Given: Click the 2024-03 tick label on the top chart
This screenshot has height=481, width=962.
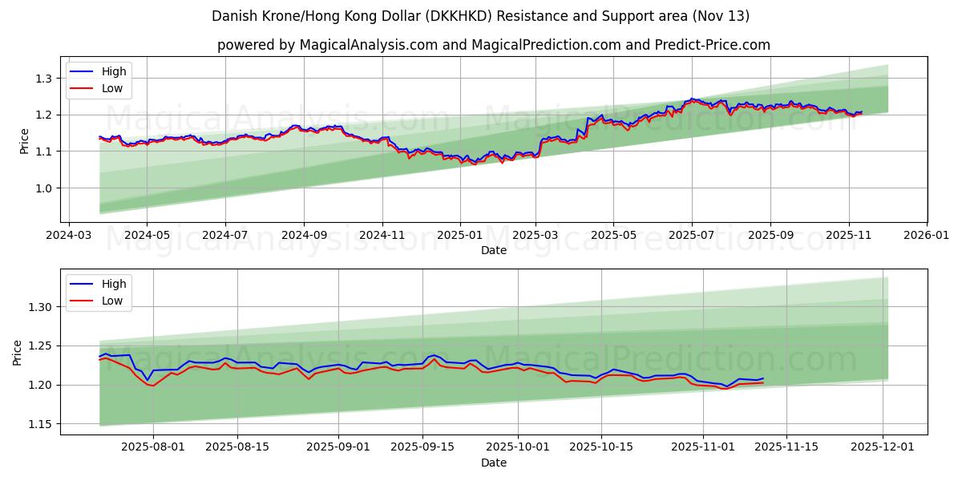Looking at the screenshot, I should pyautogui.click(x=68, y=236).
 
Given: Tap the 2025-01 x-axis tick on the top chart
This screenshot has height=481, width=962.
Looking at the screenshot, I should pyautogui.click(x=459, y=236).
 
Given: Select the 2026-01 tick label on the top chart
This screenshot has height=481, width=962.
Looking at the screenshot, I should pyautogui.click(x=926, y=236).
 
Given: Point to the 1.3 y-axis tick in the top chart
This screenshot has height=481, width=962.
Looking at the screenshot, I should pyautogui.click(x=42, y=79).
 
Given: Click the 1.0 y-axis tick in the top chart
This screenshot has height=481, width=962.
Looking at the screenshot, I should pyautogui.click(x=42, y=188).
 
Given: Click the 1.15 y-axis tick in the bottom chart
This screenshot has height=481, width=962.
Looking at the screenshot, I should pyautogui.click(x=39, y=424).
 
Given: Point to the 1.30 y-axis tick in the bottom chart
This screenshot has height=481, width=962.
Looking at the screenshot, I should pyautogui.click(x=39, y=307).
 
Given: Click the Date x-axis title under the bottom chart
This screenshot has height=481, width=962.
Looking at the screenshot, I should pyautogui.click(x=494, y=463).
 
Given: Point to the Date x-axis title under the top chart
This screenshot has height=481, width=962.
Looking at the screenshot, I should pyautogui.click(x=494, y=250).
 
